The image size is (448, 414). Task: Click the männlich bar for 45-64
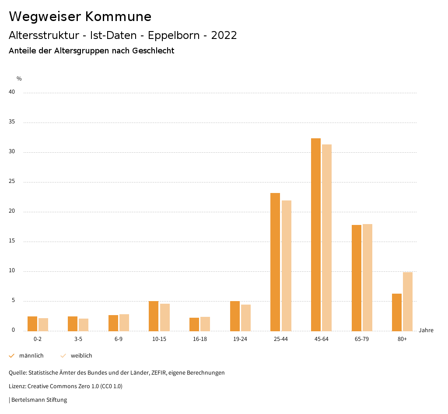point(316,235)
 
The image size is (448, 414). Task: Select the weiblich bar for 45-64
point(327,238)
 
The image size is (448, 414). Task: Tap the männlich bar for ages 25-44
point(275,262)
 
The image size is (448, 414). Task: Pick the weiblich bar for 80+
point(408,302)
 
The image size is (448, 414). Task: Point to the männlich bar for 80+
point(397,312)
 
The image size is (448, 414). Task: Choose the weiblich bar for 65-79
point(367,277)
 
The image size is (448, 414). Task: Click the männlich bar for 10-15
point(154,316)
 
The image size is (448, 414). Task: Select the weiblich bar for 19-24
point(246,318)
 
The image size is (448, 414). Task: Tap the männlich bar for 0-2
point(32,323)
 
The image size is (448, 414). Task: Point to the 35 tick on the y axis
point(12,122)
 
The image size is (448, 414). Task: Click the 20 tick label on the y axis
point(12,211)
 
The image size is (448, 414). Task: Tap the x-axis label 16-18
point(200,339)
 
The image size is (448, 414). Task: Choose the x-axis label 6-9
point(119,339)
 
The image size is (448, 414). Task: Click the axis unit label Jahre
point(426,330)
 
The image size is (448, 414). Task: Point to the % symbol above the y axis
point(19,79)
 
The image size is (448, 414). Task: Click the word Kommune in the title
point(118,17)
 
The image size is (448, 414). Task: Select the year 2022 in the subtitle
point(224,35)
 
